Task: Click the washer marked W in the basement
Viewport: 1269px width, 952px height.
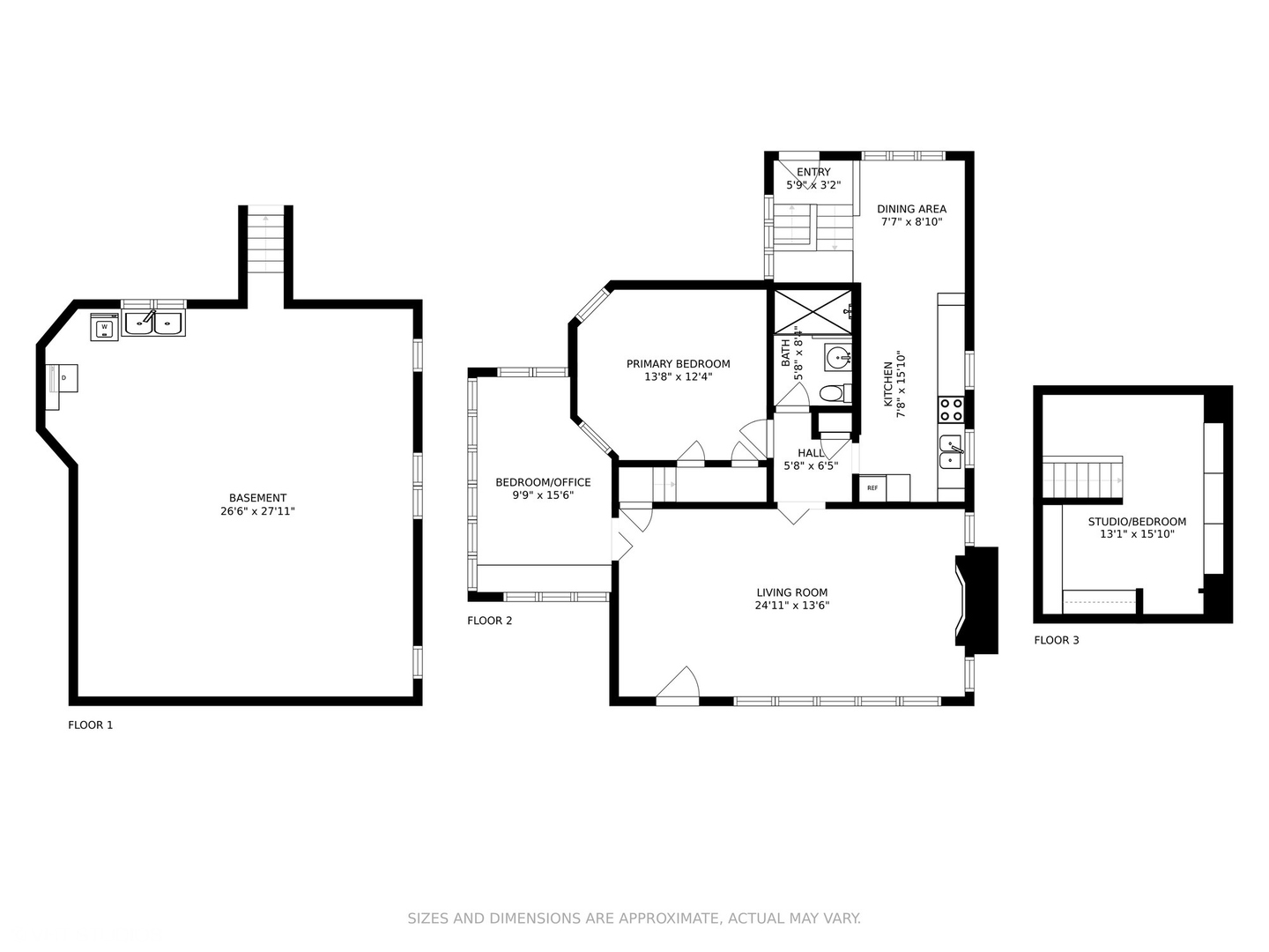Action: pos(105,327)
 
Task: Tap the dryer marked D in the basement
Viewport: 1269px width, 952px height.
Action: pos(62,378)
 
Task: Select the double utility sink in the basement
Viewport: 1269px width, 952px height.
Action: pos(154,324)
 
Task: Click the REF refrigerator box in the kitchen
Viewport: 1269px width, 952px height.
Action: pos(872,487)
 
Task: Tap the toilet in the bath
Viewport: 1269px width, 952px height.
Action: pos(835,394)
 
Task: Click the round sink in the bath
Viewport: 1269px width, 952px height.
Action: pos(838,359)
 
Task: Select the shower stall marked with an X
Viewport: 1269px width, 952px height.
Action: pos(813,312)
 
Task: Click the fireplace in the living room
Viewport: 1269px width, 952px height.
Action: pos(976,600)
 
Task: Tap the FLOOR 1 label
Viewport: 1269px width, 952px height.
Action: pos(90,725)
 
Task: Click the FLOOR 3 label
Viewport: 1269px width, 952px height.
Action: pos(1057,640)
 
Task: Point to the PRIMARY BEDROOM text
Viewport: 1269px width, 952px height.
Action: pos(679,363)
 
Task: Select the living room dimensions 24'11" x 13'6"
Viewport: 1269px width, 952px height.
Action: pos(792,606)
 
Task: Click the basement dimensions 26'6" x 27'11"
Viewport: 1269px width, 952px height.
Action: pos(258,511)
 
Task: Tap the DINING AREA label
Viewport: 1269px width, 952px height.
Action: pos(912,209)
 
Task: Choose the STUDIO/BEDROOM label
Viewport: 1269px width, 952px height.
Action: pos(1137,521)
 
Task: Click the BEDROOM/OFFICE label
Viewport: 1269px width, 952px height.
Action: pos(543,482)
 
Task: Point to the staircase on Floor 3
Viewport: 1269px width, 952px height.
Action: pos(1082,479)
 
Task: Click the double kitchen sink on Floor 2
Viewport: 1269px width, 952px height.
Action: pos(951,452)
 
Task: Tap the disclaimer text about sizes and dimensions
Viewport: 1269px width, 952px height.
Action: pos(634,918)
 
